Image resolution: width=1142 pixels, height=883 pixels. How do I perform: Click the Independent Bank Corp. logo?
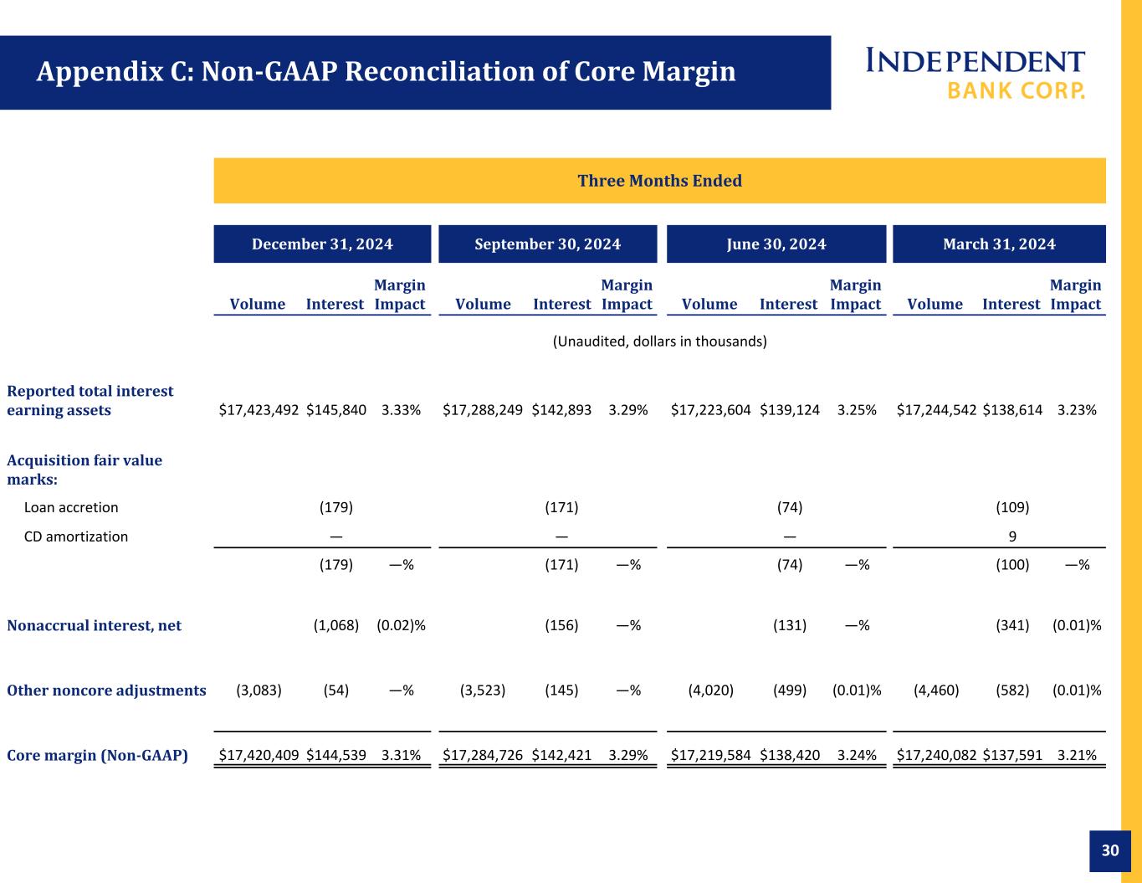tap(976, 74)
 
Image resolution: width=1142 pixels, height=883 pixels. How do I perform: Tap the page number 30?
tap(1110, 850)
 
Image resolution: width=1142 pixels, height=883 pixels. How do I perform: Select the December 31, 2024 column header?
tap(322, 244)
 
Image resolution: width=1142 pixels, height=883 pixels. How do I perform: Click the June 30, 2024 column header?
tap(776, 244)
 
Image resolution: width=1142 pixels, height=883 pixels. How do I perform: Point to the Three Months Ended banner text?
tap(659, 181)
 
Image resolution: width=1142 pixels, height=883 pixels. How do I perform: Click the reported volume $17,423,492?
tap(259, 410)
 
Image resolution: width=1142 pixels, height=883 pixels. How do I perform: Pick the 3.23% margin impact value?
tap(1077, 410)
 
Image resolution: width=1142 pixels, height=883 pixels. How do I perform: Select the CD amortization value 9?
tap(1012, 536)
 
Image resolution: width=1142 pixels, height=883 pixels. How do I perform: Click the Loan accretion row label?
tap(71, 507)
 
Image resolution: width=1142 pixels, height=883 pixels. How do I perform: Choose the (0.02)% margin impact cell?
tap(401, 625)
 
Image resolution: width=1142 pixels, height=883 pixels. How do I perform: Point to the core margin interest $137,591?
tap(1012, 755)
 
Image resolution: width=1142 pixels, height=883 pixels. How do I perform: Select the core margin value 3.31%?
tap(401, 755)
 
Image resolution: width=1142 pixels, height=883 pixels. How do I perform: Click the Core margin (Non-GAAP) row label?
tap(97, 755)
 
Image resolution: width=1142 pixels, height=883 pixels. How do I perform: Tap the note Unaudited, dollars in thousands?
tap(659, 341)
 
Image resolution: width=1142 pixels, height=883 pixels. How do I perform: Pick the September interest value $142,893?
tap(561, 410)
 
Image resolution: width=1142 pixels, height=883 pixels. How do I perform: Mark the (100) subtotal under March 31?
tap(1012, 565)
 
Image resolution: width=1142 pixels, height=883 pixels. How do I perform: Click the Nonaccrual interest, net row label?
tap(94, 625)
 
